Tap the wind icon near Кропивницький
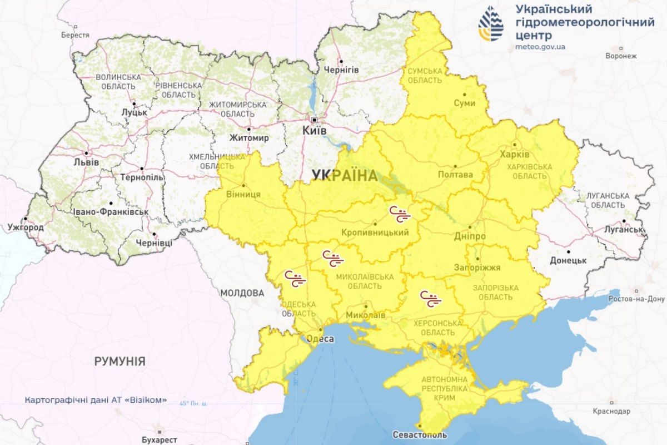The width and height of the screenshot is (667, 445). point(400,214)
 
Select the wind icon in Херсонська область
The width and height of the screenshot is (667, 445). point(430,299)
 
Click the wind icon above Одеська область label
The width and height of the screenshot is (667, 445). point(295,279)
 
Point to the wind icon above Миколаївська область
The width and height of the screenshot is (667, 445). point(333,259)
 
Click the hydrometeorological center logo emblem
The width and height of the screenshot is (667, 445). point(491,24)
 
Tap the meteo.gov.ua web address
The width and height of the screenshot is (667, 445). point(540,47)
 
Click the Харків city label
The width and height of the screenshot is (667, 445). point(514,154)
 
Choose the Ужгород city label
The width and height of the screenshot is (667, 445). point(25,228)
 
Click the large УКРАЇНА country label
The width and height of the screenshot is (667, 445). point(344,176)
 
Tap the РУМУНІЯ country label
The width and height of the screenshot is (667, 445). point(120,362)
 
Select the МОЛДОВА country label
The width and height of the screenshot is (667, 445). point(242,293)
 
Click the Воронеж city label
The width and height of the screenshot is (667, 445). point(621,56)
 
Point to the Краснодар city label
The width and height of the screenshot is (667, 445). point(611,411)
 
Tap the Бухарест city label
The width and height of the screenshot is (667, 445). point(158,440)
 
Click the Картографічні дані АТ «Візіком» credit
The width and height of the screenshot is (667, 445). point(96,400)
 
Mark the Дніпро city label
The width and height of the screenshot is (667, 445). point(472,236)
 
